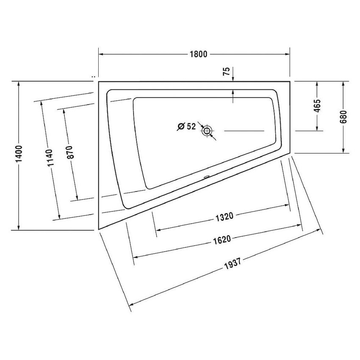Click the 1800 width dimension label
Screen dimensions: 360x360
[x=197, y=54]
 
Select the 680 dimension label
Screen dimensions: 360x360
[x=343, y=116]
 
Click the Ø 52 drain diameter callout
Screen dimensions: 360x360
[x=186, y=126]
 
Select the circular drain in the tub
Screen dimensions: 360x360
[x=207, y=131]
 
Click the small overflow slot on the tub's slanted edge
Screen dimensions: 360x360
[x=207, y=177]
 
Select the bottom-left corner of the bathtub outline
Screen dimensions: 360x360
[x=99, y=229]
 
